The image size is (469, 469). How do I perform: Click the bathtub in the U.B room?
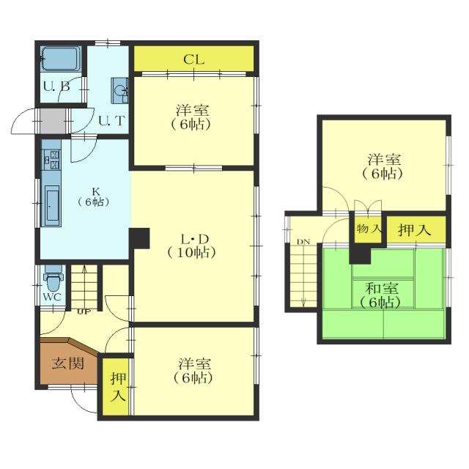click(61, 59)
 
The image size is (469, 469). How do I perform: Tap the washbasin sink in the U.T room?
click(120, 91)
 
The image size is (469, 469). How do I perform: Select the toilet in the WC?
click(53, 278)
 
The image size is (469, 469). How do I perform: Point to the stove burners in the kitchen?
click(51, 160)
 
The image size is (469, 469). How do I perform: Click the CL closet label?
click(193, 60)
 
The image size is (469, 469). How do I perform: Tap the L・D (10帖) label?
click(192, 246)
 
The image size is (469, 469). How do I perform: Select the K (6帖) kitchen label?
click(94, 197)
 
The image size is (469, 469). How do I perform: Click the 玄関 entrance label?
click(68, 363)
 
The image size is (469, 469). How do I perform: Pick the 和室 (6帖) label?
click(381, 295)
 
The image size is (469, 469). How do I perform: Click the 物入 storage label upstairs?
click(369, 229)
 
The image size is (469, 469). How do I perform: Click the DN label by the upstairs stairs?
click(303, 242)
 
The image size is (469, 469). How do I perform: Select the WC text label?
click(53, 298)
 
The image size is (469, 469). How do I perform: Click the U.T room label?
click(111, 121)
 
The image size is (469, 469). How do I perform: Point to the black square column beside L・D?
click(139, 238)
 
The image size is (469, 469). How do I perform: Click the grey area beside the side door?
click(53, 121)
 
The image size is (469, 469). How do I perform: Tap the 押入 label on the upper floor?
click(414, 230)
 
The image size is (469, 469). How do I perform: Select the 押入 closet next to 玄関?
click(116, 386)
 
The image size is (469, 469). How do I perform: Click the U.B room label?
click(57, 86)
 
